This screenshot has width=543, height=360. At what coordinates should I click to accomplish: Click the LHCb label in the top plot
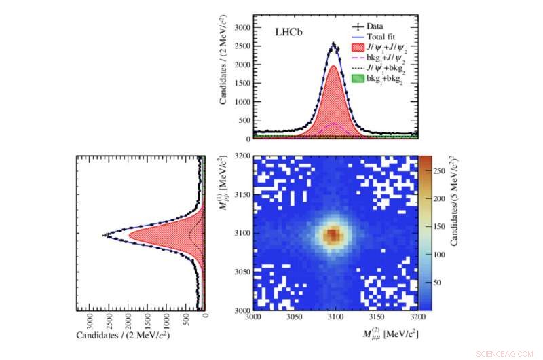(288, 32)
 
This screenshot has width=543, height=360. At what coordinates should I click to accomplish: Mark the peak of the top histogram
(333, 45)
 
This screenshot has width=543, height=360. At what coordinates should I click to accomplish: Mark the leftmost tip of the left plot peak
(103, 235)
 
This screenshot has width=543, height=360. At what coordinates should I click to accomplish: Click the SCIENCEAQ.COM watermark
(506, 353)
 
